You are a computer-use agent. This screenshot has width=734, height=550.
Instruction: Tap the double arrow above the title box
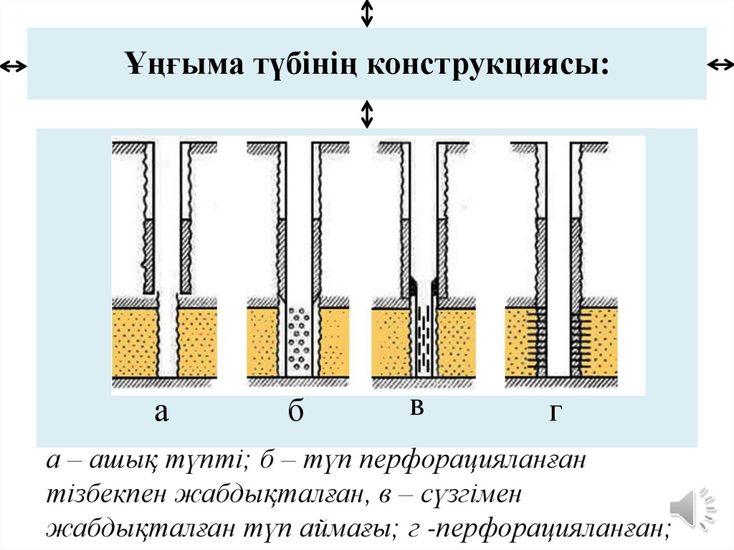tap(367, 13)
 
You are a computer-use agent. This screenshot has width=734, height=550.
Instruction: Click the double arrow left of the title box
tap(13, 67)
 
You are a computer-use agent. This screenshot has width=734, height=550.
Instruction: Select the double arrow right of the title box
tap(720, 65)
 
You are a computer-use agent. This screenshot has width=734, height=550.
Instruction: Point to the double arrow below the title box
tap(367, 114)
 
